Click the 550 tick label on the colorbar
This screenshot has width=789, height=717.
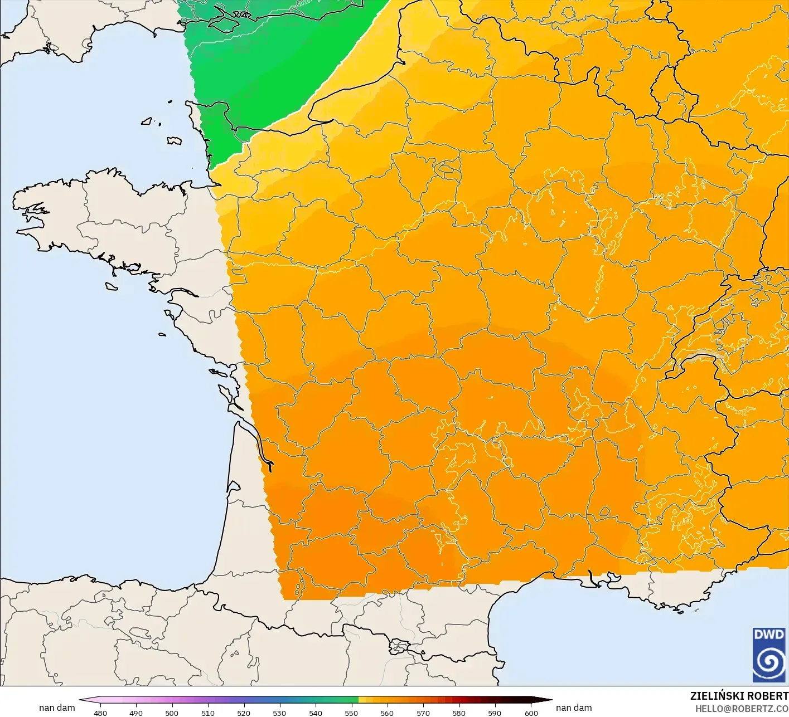(x=351, y=713)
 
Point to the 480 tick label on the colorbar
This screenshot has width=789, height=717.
(x=100, y=713)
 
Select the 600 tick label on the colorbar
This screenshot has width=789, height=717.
(x=531, y=713)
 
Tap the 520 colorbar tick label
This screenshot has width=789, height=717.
(x=244, y=713)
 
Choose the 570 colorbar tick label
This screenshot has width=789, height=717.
(x=423, y=713)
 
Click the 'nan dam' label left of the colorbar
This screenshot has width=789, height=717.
(x=57, y=708)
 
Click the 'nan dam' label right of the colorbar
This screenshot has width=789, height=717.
(x=574, y=708)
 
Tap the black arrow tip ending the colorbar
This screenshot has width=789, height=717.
(x=547, y=700)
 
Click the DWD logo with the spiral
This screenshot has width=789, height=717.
(x=769, y=655)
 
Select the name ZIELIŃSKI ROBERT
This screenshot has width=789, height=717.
(x=739, y=696)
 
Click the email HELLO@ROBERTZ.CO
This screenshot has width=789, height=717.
(x=742, y=708)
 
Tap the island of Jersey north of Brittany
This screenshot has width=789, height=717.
(x=175, y=141)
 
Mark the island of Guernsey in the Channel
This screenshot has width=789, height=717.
(x=147, y=121)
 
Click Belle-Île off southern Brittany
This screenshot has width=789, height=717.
(x=111, y=286)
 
